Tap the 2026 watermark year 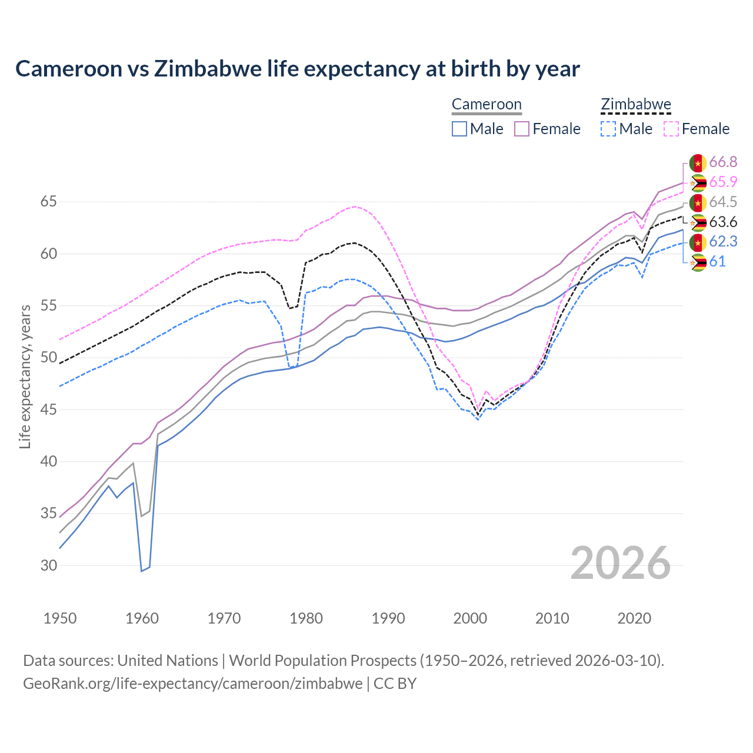(620, 563)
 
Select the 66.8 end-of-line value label (723, 162)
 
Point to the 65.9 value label (723, 182)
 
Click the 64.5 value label (723, 202)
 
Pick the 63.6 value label (723, 222)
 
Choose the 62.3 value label (723, 242)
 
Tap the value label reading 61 (717, 262)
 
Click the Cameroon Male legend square (459, 129)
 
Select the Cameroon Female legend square (522, 129)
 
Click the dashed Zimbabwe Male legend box (608, 129)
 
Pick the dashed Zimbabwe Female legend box (671, 129)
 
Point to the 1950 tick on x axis (60, 618)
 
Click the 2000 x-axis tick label (470, 618)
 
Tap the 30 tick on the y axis (49, 565)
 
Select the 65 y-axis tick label (49, 202)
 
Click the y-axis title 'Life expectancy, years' (25, 376)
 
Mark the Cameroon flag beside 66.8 (698, 162)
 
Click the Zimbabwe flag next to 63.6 (698, 222)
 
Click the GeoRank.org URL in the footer (193, 684)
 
